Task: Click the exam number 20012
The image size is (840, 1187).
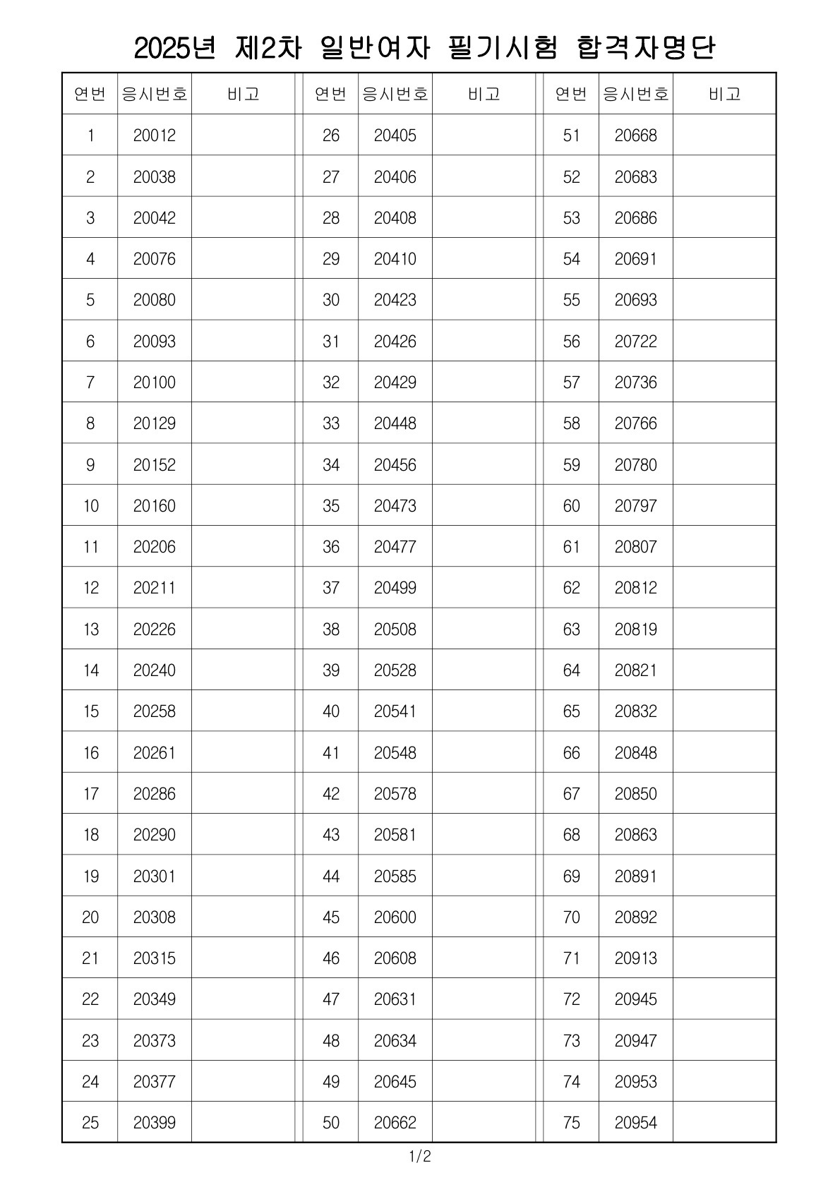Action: pyautogui.click(x=154, y=135)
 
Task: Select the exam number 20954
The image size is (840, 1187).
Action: pyautogui.click(x=635, y=1122)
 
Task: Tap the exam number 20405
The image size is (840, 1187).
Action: pyautogui.click(x=395, y=135)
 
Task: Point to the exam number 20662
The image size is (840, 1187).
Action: pyautogui.click(x=395, y=1122)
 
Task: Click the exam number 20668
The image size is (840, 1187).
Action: pyautogui.click(x=635, y=135)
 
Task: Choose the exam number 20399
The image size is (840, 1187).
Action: pyautogui.click(x=154, y=1122)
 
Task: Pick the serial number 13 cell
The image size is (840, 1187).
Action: pyautogui.click(x=90, y=629)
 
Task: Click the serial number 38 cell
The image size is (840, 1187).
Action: pyautogui.click(x=330, y=629)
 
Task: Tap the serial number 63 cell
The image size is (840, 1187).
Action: pyautogui.click(x=571, y=629)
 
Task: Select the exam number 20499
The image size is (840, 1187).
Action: pyautogui.click(x=395, y=588)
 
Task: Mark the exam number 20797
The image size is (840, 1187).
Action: pyautogui.click(x=635, y=505)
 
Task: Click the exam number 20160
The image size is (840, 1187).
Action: pyautogui.click(x=154, y=505)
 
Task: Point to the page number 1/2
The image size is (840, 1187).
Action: pyautogui.click(x=419, y=1157)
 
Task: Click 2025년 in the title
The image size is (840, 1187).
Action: pyautogui.click(x=174, y=48)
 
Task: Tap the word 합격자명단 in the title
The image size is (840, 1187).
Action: pyautogui.click(x=646, y=48)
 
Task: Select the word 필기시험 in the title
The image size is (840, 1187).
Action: pyautogui.click(x=503, y=48)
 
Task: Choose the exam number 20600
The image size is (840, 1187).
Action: pyautogui.click(x=395, y=917)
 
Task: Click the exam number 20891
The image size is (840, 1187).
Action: pyautogui.click(x=635, y=876)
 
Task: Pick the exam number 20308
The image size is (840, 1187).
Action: pyautogui.click(x=154, y=917)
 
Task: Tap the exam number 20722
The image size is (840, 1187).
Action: pyautogui.click(x=635, y=341)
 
